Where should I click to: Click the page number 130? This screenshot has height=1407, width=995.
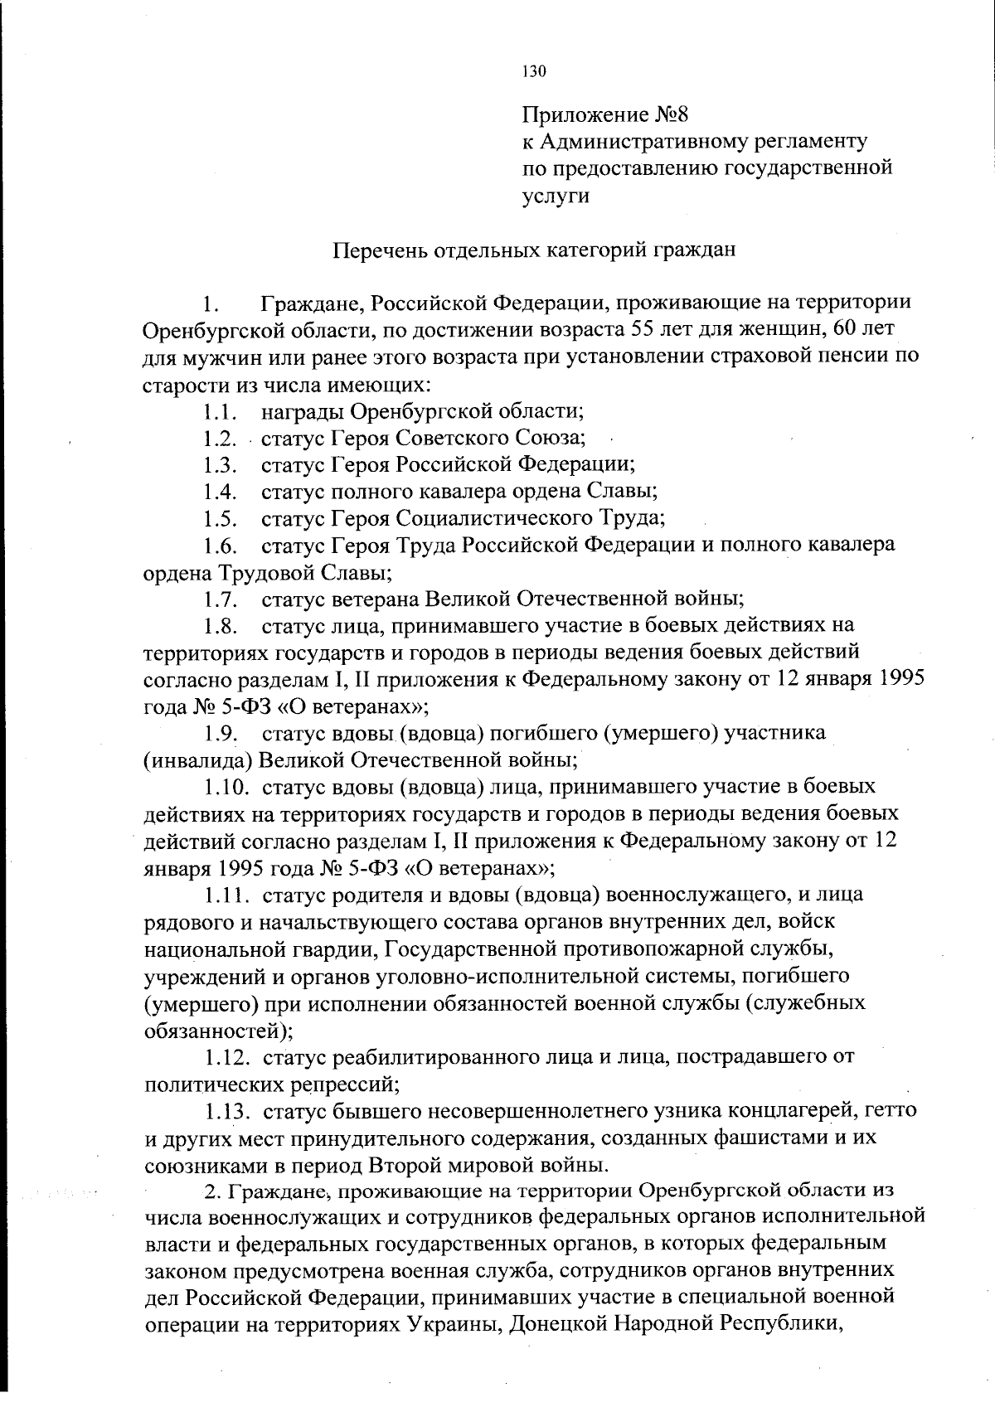(x=534, y=71)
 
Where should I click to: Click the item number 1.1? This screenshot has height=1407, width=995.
(x=221, y=411)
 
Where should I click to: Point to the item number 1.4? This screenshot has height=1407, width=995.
(x=221, y=492)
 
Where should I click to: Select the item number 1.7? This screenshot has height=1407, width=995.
(x=221, y=599)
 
